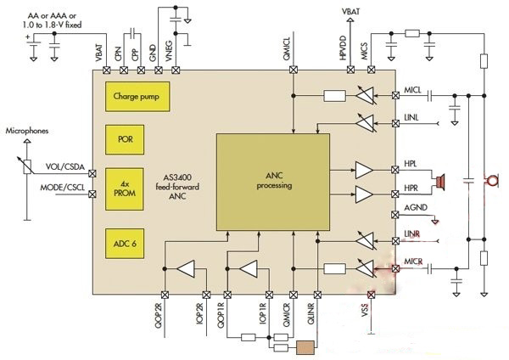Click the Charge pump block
[x=137, y=97]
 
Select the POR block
[x=125, y=139]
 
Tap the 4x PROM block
[x=125, y=188]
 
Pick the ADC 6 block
[x=125, y=244]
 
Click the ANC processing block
[x=273, y=182]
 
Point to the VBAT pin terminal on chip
[x=107, y=70]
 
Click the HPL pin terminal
[x=395, y=170]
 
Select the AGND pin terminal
[x=395, y=215]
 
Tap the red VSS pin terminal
[x=371, y=295]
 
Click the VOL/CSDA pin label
[x=65, y=166]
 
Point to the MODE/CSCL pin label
[x=62, y=188]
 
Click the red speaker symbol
[x=440, y=182]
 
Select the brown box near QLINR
[x=305, y=347]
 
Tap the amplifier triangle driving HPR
[x=364, y=194]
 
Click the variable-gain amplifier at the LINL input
[x=366, y=123]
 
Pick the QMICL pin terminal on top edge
[x=294, y=70]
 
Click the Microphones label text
[x=27, y=131]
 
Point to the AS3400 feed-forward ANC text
[x=177, y=187]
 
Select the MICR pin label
[x=413, y=262]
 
